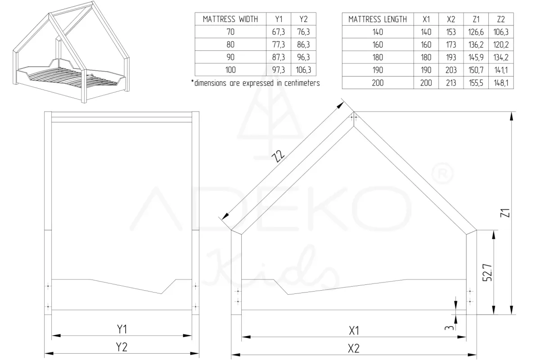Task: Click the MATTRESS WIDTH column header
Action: [x=230, y=19]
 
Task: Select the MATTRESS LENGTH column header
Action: [x=378, y=19]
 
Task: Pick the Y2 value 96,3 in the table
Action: [x=303, y=57]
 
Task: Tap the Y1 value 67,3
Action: [x=279, y=32]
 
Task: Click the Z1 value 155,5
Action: [x=476, y=83]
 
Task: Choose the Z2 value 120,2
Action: [x=501, y=45]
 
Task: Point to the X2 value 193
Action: [x=451, y=58]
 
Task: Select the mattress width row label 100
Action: [x=230, y=70]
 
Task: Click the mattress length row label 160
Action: [x=378, y=45]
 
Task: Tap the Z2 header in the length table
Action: [x=501, y=19]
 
